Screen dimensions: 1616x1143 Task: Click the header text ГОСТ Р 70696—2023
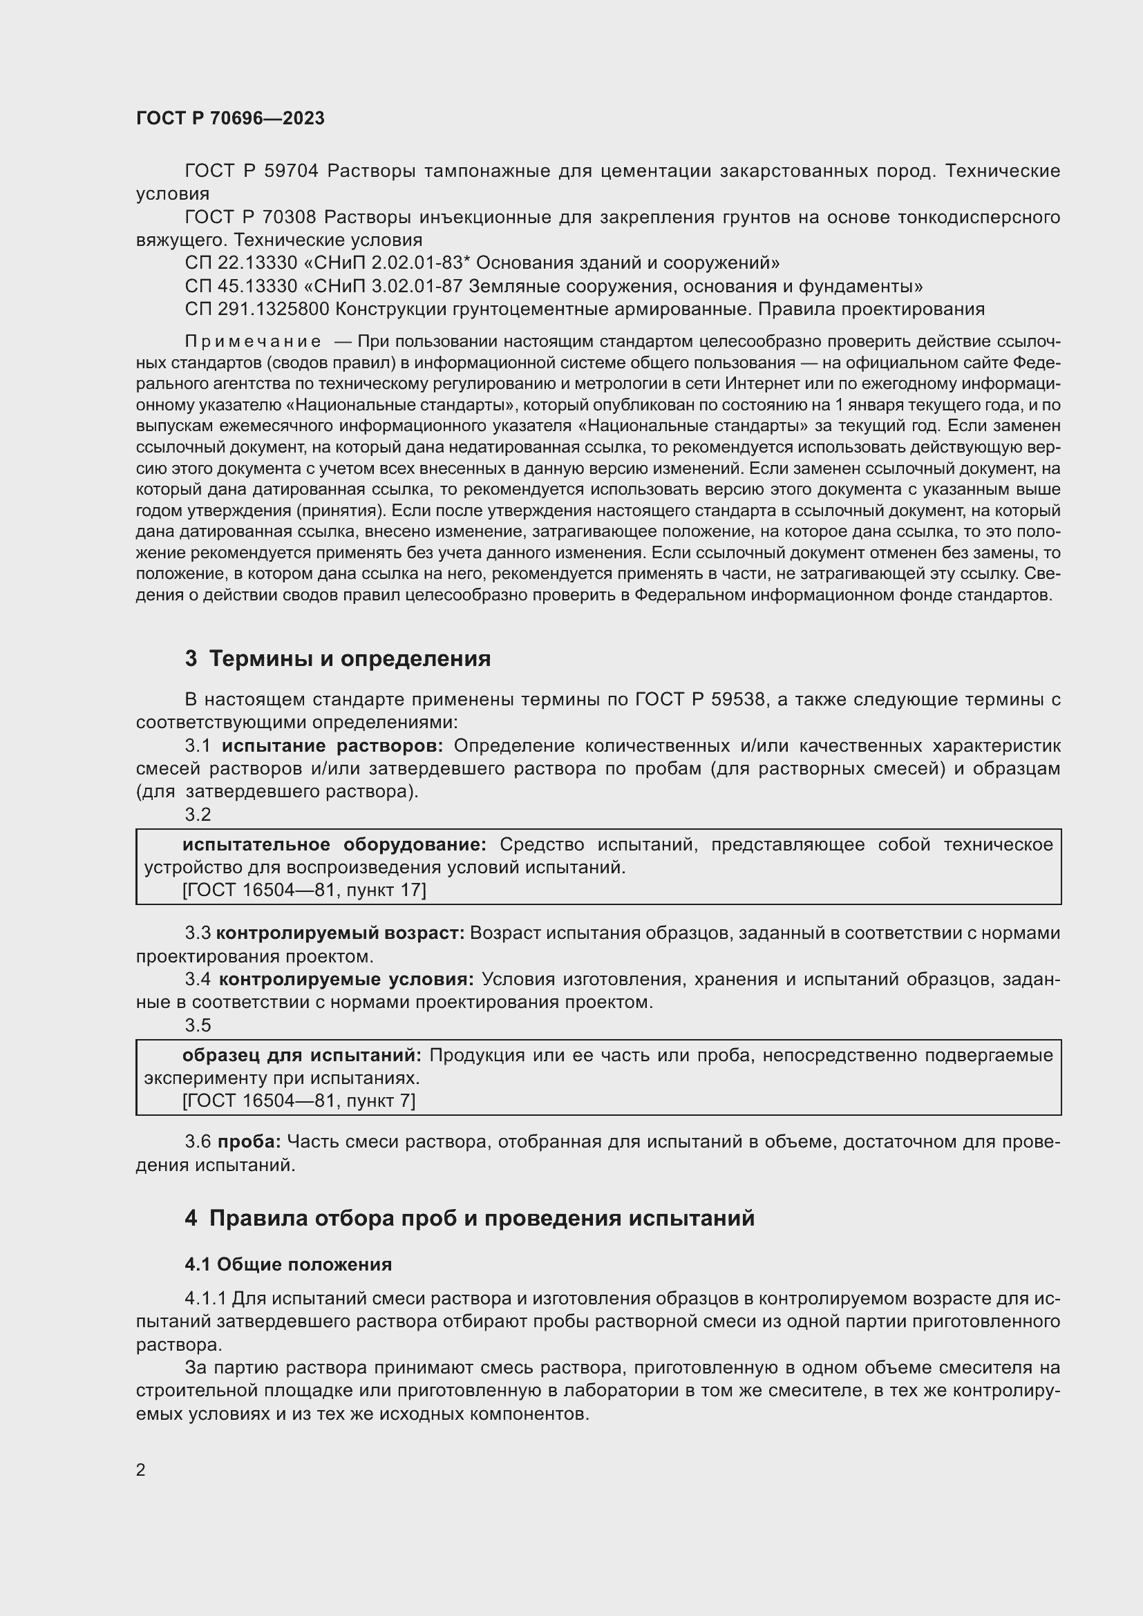[x=230, y=118]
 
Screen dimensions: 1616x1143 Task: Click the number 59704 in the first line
[x=292, y=171]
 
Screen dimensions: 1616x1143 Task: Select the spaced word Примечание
[x=253, y=342]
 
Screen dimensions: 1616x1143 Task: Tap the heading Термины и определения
[x=350, y=659]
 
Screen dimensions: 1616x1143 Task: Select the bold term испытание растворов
[x=332, y=746]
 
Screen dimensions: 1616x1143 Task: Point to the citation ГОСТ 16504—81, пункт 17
[x=304, y=891]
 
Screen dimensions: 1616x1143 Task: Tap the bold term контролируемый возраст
[x=340, y=933]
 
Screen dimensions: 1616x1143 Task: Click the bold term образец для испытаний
[x=301, y=1055]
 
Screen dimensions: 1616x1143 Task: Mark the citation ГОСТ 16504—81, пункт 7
[x=299, y=1101]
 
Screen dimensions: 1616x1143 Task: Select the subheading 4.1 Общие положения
[x=288, y=1264]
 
